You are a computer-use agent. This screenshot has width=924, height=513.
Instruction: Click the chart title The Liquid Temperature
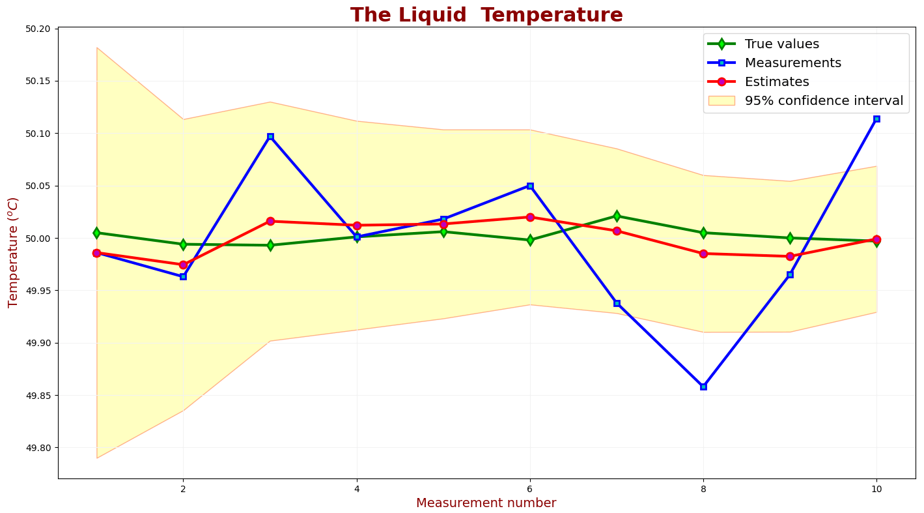[486, 15]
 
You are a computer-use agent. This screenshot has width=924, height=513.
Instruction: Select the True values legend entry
[781, 44]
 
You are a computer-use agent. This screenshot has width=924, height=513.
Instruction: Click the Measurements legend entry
[792, 63]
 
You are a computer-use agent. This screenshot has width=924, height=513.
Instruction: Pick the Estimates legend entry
[776, 82]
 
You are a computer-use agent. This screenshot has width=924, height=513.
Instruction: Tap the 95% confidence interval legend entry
[823, 101]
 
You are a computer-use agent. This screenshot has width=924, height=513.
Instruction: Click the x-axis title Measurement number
[486, 503]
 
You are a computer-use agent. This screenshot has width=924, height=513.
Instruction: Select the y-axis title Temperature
[14, 252]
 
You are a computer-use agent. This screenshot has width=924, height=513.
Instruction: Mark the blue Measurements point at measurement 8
[703, 387]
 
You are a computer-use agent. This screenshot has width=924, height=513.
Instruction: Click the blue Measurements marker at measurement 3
[270, 136]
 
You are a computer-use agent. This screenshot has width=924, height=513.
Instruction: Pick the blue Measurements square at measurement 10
[876, 119]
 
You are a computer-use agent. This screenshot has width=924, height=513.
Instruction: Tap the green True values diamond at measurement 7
[617, 216]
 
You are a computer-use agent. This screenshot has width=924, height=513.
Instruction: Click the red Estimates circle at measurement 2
[183, 265]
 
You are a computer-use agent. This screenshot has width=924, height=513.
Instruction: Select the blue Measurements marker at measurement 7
[617, 303]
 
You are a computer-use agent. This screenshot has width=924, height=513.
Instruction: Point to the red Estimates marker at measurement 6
[530, 217]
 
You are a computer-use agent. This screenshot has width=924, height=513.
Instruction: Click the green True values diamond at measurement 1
[96, 233]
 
